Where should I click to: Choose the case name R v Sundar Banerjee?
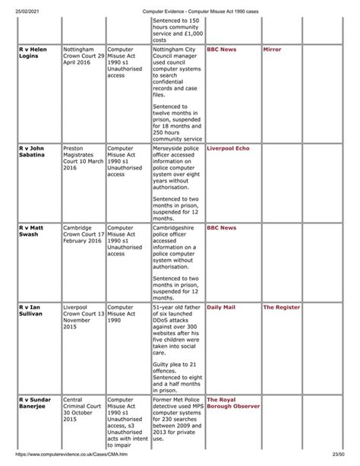[x=33, y=404]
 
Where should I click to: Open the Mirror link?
[x=271, y=49]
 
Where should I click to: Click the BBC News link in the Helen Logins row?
[x=221, y=49]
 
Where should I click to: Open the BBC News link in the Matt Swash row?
[x=221, y=227]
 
